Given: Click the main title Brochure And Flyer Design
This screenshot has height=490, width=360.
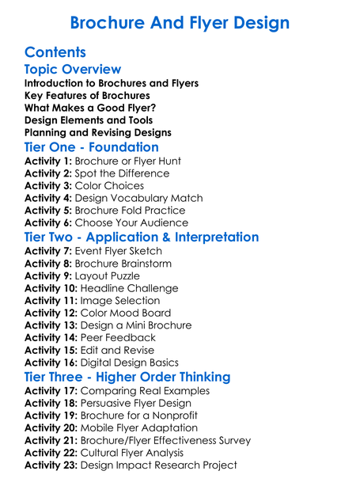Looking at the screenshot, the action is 180,22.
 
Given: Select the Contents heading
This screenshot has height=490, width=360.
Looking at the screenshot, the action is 55,53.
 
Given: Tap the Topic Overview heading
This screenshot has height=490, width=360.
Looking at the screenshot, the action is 73,70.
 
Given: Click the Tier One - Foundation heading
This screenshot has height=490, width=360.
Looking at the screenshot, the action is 92,147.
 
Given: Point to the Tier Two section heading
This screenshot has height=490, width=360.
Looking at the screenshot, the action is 142,237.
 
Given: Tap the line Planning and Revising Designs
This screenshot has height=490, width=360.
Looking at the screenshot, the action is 98,133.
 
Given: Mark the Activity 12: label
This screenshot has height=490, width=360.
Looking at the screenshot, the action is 53,313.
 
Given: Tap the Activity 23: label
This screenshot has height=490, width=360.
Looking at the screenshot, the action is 53,465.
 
